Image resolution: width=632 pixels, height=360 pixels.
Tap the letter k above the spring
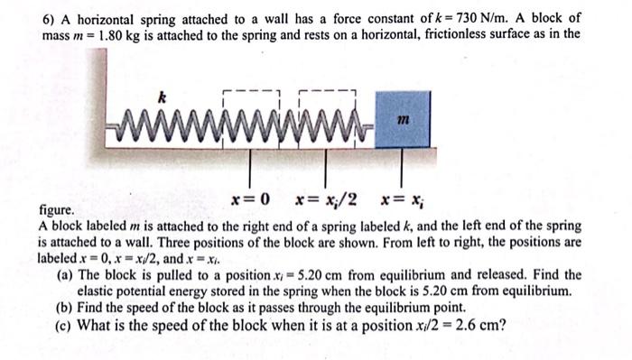(162, 97)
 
